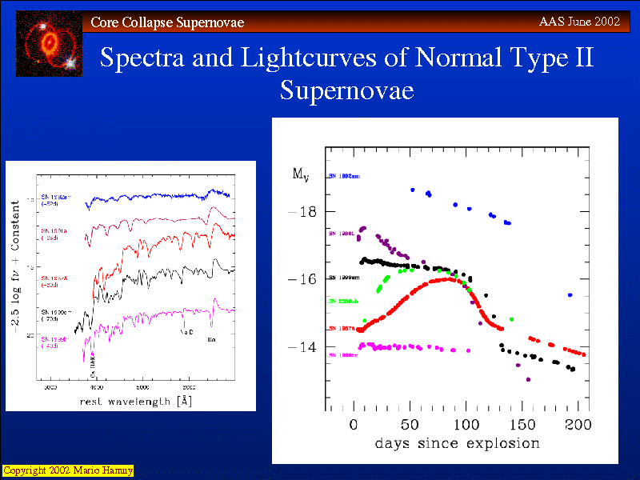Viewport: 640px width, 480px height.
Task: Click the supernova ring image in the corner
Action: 49,43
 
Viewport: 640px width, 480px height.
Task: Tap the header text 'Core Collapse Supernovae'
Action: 167,22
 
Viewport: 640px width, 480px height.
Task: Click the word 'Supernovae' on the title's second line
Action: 346,90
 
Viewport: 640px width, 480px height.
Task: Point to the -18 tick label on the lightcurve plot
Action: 302,212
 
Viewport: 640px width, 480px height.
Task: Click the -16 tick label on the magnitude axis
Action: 302,280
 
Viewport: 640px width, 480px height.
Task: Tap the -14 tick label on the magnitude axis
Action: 302,347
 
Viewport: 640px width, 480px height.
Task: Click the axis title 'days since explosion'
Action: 458,443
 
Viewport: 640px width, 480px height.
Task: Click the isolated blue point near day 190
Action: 570,295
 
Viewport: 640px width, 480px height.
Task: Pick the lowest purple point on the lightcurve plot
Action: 528,379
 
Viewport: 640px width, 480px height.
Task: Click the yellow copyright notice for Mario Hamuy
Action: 67,470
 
